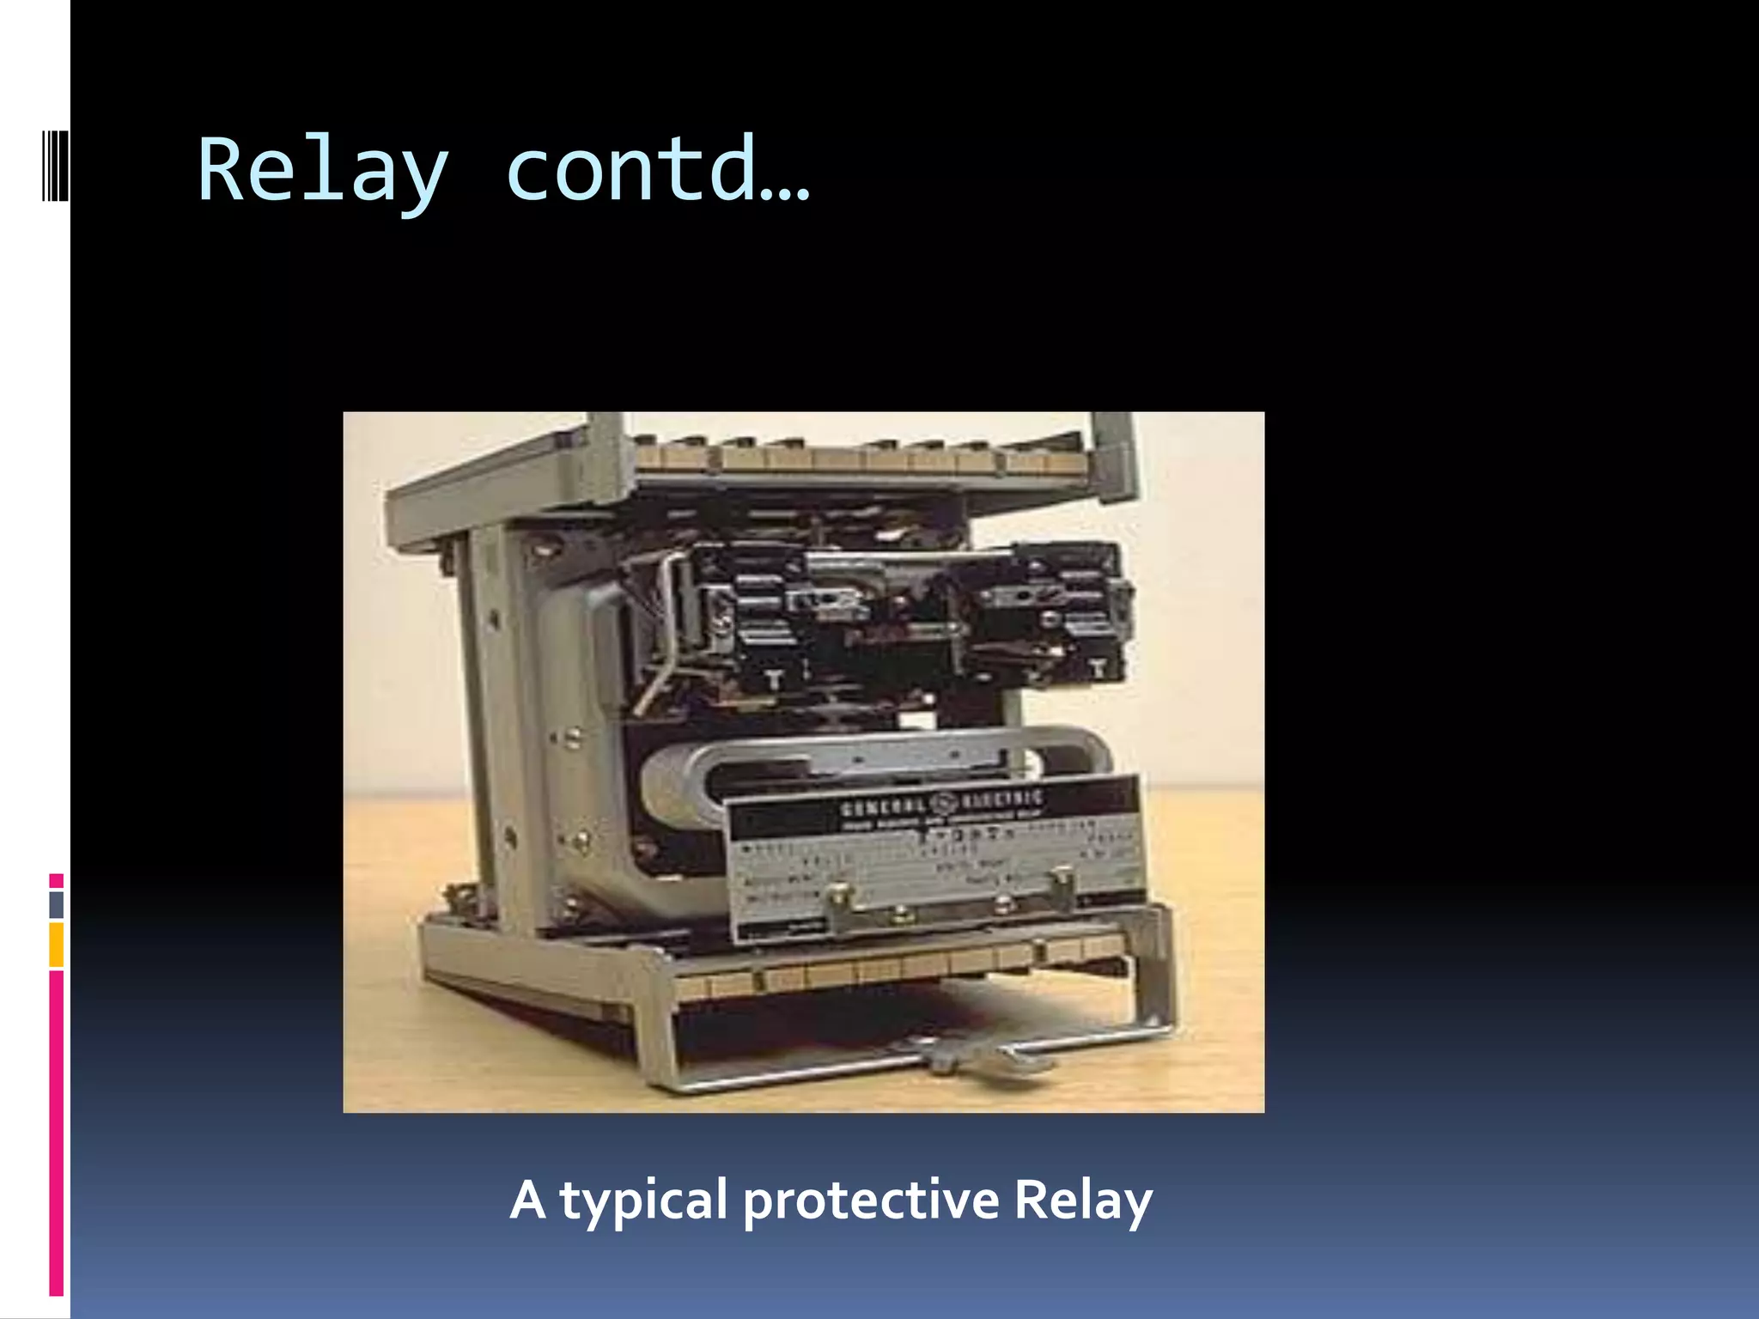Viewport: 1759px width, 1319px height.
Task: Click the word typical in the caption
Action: pos(644,1200)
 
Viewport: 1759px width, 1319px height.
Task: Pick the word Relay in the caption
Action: pos(1083,1200)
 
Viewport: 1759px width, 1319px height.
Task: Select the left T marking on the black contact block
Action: pos(774,678)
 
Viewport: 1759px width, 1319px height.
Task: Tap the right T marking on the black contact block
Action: pos(1097,666)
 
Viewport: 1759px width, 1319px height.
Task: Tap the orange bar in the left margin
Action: pos(56,945)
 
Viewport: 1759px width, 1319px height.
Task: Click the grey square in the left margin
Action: pos(56,904)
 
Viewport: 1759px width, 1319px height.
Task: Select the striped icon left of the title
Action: pos(56,165)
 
